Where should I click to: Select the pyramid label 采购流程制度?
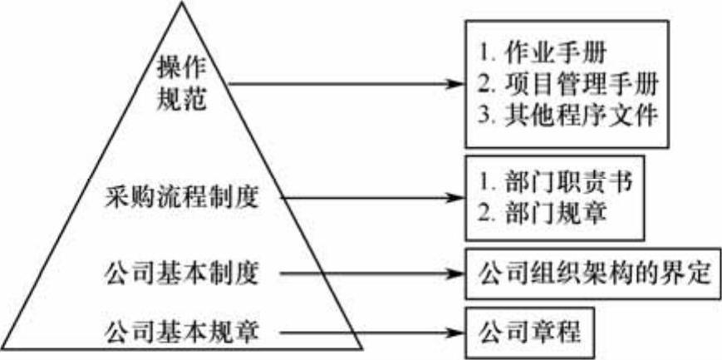point(181,199)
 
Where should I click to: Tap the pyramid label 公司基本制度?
point(181,272)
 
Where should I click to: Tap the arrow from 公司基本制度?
point(370,272)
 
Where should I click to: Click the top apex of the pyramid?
point(181,3)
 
